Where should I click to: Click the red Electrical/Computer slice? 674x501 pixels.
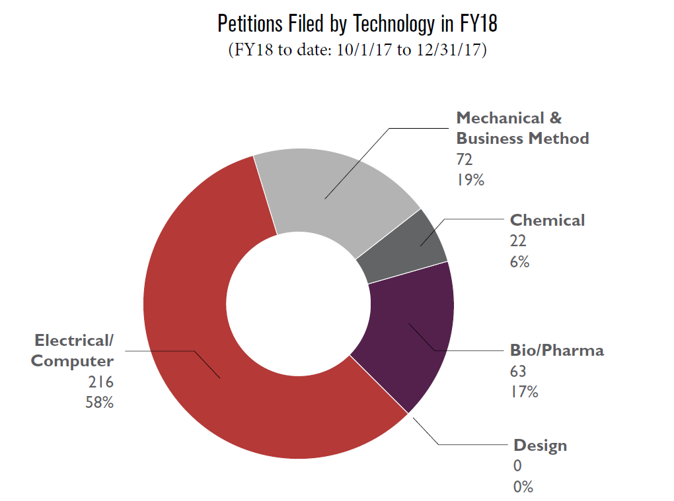pyautogui.click(x=198, y=370)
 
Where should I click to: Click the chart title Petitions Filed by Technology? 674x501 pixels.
pyautogui.click(x=357, y=24)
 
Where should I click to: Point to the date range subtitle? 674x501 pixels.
pyautogui.click(x=357, y=51)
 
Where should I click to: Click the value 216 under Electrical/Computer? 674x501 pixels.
pyautogui.click(x=101, y=382)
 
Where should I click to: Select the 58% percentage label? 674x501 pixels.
pyautogui.click(x=99, y=402)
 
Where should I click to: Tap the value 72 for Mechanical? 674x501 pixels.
pyautogui.click(x=465, y=159)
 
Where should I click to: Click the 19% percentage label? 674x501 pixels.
pyautogui.click(x=470, y=179)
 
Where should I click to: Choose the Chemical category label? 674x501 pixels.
pyautogui.click(x=547, y=220)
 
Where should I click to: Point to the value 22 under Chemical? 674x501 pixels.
pyautogui.click(x=518, y=241)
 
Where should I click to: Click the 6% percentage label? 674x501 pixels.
pyautogui.click(x=519, y=261)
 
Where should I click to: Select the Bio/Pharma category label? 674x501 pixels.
pyautogui.click(x=556, y=351)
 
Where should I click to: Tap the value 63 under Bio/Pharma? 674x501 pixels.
pyautogui.click(x=519, y=371)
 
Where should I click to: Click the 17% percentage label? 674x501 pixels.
pyautogui.click(x=523, y=391)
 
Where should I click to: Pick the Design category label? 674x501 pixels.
pyautogui.click(x=540, y=446)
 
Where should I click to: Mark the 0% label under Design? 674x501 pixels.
pyautogui.click(x=523, y=487)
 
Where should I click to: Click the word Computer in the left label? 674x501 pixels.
pyautogui.click(x=73, y=362)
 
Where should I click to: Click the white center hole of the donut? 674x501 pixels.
pyautogui.click(x=298, y=304)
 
